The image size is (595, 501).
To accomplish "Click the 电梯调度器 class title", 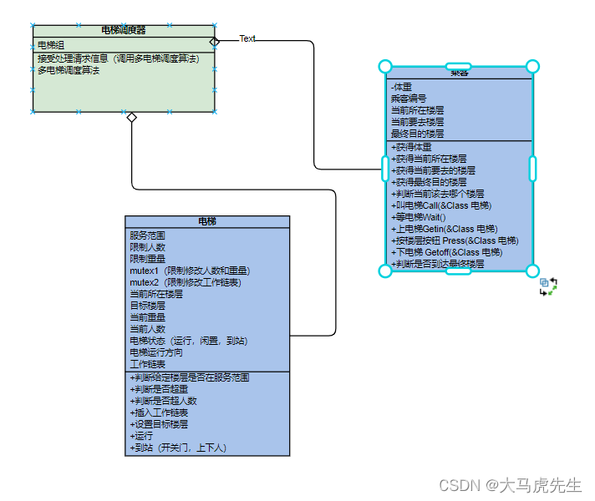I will [124, 30].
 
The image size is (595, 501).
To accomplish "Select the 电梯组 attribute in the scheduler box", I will [51, 45].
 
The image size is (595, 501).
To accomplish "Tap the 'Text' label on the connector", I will [247, 38].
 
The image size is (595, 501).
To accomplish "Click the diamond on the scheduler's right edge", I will [215, 40].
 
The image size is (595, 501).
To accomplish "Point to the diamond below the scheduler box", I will [131, 118].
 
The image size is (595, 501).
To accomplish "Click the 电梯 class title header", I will [207, 221].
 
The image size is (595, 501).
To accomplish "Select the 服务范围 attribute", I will [148, 235].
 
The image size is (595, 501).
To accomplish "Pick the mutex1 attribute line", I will [190, 271].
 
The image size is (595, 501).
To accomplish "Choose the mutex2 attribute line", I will [185, 282].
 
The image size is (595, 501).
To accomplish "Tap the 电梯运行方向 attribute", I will [156, 352].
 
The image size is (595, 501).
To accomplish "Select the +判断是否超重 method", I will [159, 389].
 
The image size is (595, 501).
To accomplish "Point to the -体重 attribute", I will [401, 87].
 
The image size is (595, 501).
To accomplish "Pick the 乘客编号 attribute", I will [408, 99].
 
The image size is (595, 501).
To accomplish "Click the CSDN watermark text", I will [510, 485].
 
